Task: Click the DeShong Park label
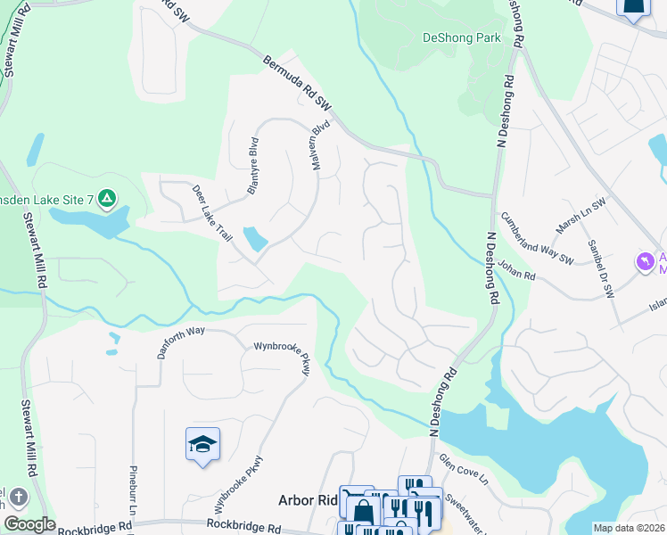(x=461, y=38)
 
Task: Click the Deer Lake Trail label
(x=212, y=212)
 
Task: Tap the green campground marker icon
(x=106, y=198)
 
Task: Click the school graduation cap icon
(x=203, y=443)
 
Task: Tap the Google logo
(x=29, y=524)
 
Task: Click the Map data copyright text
(x=629, y=528)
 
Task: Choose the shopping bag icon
(x=363, y=512)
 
